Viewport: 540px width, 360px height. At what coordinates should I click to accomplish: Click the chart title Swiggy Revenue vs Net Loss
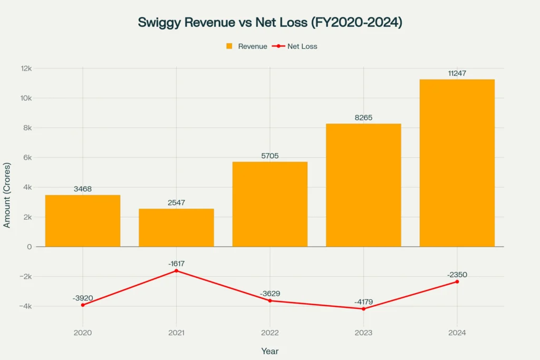click(x=269, y=23)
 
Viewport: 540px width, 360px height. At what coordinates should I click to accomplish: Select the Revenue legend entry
click(x=247, y=46)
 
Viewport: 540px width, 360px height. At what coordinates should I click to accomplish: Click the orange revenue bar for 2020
click(x=83, y=221)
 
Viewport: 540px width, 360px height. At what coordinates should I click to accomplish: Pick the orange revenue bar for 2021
click(x=176, y=228)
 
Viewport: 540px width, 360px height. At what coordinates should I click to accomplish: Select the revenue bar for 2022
click(x=270, y=204)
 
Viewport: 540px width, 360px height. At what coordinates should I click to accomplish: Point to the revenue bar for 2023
click(x=363, y=185)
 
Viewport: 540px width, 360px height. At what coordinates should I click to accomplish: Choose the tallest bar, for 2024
click(x=457, y=163)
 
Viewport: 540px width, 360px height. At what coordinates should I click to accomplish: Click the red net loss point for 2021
click(x=176, y=271)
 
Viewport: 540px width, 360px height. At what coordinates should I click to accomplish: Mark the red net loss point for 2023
click(x=363, y=309)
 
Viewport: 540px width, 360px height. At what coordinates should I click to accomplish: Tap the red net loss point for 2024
click(x=457, y=281)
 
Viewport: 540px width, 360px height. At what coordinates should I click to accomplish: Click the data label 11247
click(x=457, y=73)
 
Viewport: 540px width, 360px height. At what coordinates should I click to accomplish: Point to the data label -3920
click(x=83, y=298)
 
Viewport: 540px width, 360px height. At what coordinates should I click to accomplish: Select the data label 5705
click(x=270, y=155)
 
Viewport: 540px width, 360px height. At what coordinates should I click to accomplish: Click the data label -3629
click(x=270, y=294)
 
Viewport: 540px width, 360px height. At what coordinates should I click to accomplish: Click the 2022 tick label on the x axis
click(x=270, y=333)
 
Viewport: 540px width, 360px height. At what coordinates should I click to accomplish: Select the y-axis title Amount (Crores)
click(x=7, y=196)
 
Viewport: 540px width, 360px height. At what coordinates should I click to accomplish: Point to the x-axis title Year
click(x=270, y=351)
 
